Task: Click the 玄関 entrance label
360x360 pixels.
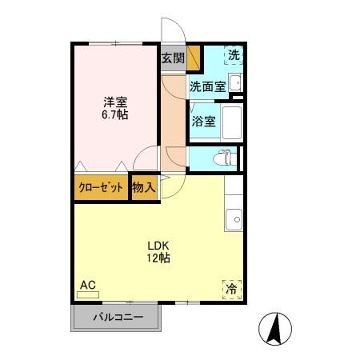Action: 173,58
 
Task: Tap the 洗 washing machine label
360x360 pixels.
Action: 233,55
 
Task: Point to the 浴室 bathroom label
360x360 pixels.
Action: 203,122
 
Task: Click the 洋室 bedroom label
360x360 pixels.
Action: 114,102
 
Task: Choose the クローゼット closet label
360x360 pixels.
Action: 101,188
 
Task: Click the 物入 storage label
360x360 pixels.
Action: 144,188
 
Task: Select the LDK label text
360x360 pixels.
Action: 157,245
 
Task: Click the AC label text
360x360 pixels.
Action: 87,284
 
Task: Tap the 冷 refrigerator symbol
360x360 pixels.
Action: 231,288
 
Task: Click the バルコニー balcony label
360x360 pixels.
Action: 118,318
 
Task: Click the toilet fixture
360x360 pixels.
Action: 226,158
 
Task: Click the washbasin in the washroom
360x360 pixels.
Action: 235,81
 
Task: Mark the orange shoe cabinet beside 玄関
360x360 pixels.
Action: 193,58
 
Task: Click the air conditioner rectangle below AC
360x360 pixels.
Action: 87,294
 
